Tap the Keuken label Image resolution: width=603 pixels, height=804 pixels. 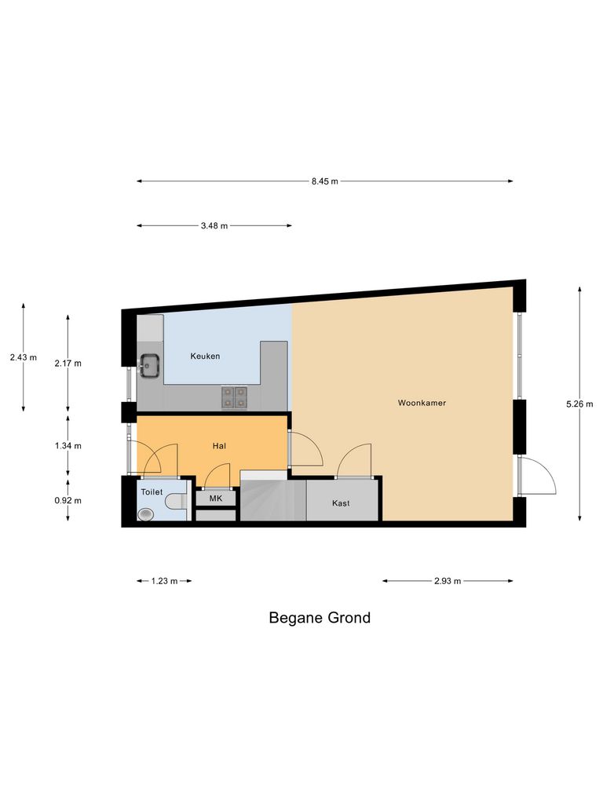[205, 356]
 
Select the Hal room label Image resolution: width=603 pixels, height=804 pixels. [220, 446]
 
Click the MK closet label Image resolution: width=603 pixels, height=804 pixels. [215, 498]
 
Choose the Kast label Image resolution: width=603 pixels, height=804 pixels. [341, 502]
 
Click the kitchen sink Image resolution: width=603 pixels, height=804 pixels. [149, 364]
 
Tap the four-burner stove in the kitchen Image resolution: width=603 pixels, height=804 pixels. [234, 397]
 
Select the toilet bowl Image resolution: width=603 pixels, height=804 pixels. [146, 514]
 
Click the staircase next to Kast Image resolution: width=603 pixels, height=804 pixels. [272, 501]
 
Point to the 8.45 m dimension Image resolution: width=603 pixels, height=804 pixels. [324, 181]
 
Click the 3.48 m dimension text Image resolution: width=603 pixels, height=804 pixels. [214, 226]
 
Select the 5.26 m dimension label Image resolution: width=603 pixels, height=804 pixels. [579, 404]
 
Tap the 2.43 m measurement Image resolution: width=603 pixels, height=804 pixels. [24, 357]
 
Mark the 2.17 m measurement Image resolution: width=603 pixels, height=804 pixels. [68, 364]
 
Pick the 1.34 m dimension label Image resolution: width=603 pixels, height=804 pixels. [68, 445]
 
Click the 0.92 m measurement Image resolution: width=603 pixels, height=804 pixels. [68, 500]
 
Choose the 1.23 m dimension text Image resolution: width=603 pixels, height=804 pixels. [164, 581]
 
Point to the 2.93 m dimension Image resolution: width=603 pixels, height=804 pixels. [447, 581]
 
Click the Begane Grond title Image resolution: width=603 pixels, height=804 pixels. [320, 618]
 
